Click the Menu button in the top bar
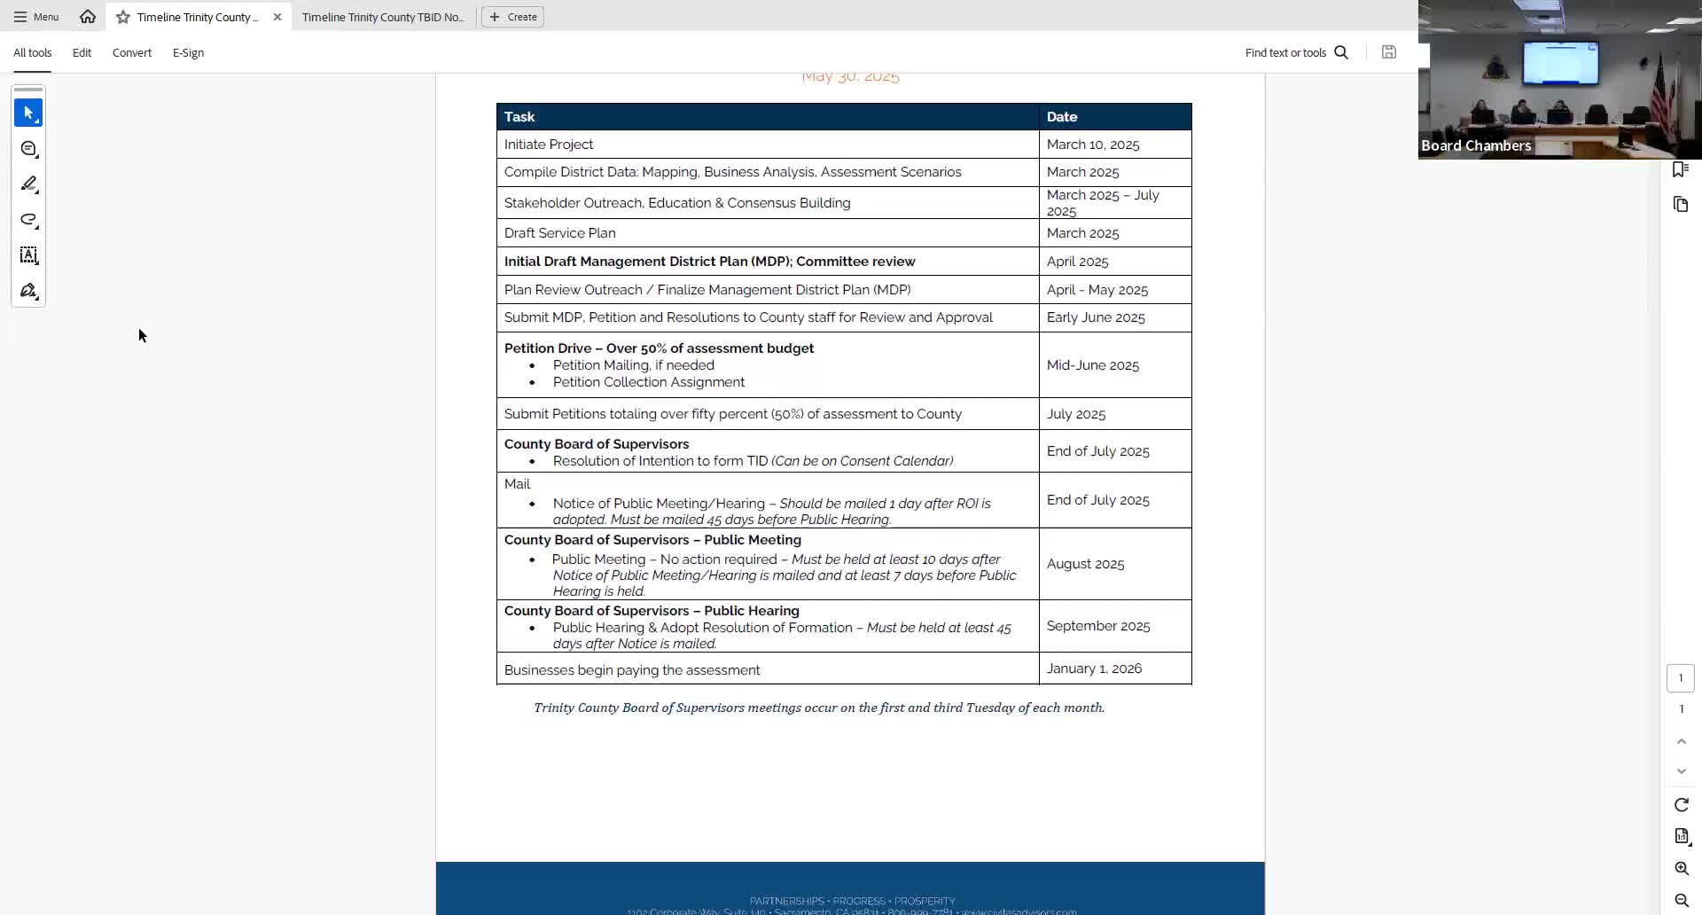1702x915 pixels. (x=36, y=17)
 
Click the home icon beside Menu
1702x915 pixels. (x=88, y=17)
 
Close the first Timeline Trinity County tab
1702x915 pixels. (x=277, y=17)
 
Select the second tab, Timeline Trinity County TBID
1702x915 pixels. (x=382, y=17)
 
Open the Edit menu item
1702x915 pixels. (x=82, y=52)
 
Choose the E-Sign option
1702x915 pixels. (x=188, y=52)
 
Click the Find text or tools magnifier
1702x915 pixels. (x=1341, y=52)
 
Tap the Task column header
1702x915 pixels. (x=519, y=117)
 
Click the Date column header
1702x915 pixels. (x=1062, y=117)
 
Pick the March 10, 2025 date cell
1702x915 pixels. (x=1093, y=145)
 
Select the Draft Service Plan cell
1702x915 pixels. (x=559, y=233)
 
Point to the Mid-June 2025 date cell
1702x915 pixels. (x=1093, y=365)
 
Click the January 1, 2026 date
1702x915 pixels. (x=1094, y=669)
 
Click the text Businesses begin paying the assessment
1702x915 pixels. (x=632, y=670)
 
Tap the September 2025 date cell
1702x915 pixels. (x=1098, y=626)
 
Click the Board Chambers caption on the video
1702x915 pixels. (x=1476, y=145)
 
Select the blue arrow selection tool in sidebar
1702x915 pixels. (x=28, y=113)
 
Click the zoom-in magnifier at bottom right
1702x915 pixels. (x=1682, y=869)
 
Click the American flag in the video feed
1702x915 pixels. (x=1659, y=89)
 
